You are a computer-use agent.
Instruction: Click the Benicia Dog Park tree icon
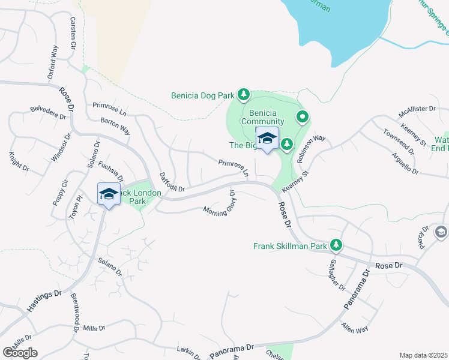coord(244,94)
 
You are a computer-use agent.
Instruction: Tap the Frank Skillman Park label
coord(289,246)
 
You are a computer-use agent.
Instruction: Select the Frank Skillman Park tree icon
coord(337,245)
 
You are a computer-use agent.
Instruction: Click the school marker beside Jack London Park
coord(109,194)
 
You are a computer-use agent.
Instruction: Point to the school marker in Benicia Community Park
coord(267,139)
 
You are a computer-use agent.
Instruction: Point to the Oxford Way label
coord(53,62)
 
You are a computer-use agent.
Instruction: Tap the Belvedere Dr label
coord(49,113)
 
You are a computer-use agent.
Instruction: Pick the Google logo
coord(20,352)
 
